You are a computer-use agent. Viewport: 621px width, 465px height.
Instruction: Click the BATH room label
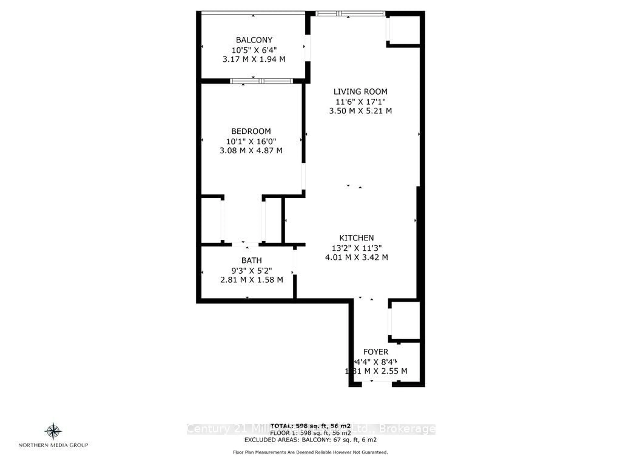pyautogui.click(x=251, y=260)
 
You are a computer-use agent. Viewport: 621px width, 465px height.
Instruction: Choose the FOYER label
pyautogui.click(x=376, y=352)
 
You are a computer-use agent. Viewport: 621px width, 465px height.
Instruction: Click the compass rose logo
pyautogui.click(x=53, y=431)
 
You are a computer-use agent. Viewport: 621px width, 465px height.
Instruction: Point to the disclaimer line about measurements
pyautogui.click(x=310, y=452)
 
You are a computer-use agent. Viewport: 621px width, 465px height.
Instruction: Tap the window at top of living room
pyautogui.click(x=349, y=13)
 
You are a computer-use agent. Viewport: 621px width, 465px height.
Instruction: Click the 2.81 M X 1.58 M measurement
pyautogui.click(x=251, y=280)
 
